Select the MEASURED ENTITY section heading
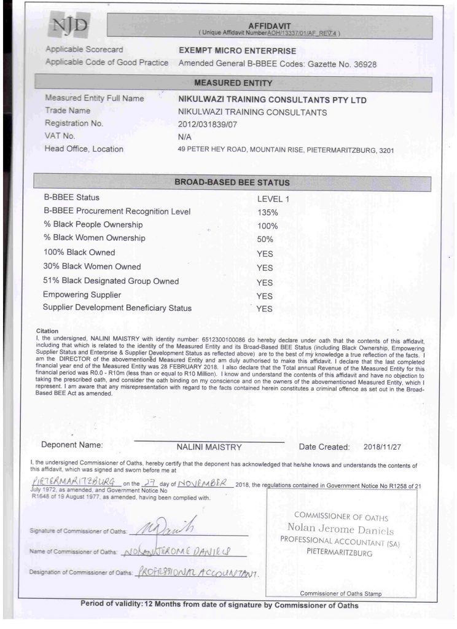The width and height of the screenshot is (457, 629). tap(233, 82)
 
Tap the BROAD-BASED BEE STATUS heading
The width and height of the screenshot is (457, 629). tap(232, 182)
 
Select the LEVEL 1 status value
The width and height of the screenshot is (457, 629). tap(273, 198)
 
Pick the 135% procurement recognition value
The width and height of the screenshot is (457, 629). tap(268, 212)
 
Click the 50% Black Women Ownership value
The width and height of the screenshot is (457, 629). tap(265, 239)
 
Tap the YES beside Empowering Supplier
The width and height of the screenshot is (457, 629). tap(264, 296)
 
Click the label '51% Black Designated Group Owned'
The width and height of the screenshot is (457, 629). tap(111, 281)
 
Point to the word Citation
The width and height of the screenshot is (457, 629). tap(47, 331)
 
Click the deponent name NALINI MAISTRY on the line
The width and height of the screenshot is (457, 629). tap(205, 447)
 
